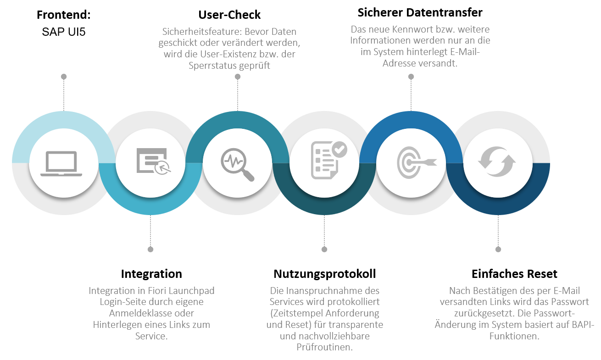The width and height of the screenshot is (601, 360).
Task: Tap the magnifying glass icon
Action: tap(237, 164)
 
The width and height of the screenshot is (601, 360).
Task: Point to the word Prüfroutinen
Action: tap(325, 348)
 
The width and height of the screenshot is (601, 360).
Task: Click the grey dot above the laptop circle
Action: tap(63, 76)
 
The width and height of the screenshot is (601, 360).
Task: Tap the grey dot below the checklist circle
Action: tap(324, 249)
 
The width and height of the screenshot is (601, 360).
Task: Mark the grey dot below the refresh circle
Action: tap(498, 249)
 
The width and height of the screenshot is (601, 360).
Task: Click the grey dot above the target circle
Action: tap(411, 76)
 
